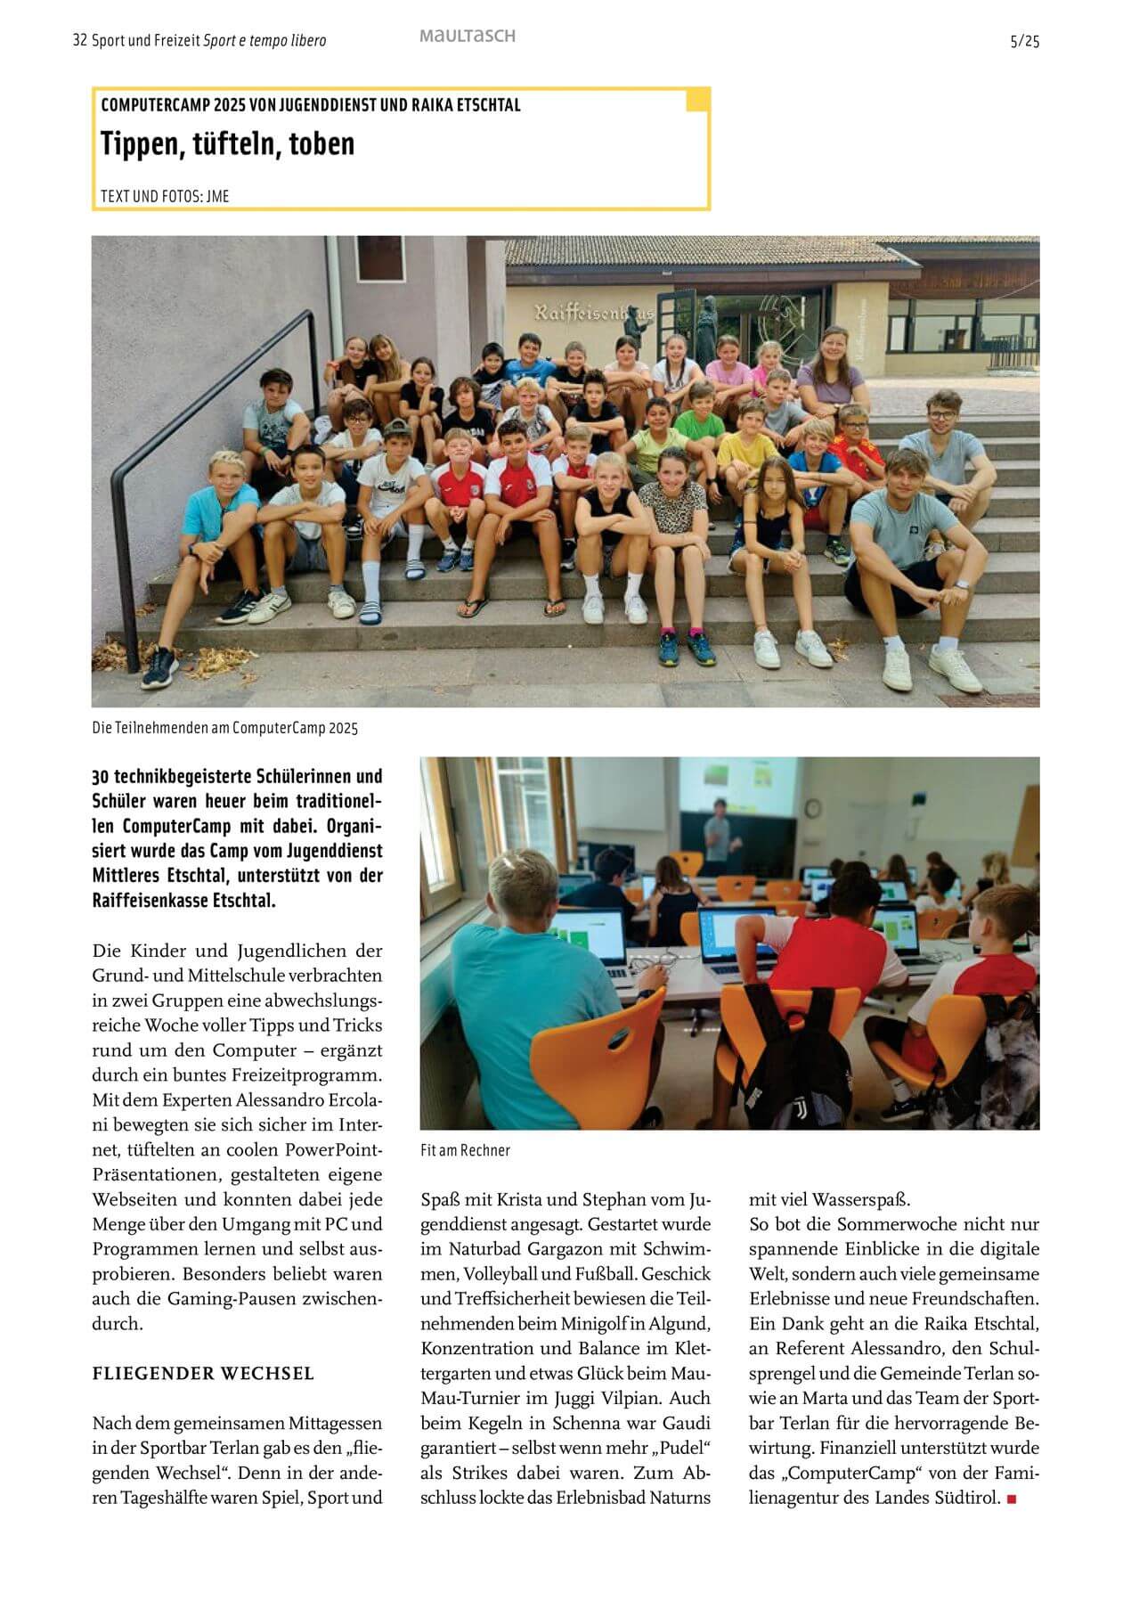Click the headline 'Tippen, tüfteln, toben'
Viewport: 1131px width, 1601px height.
[227, 143]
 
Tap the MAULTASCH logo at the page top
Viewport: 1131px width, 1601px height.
[467, 37]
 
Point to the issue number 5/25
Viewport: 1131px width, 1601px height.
[1024, 41]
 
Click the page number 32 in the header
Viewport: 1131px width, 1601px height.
[79, 41]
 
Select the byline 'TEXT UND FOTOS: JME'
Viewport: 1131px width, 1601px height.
[165, 196]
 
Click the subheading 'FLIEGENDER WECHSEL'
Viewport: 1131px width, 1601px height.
[203, 1374]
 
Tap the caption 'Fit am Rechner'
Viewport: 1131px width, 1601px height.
[465, 1150]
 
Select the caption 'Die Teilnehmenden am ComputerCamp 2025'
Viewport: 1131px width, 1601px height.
[224, 728]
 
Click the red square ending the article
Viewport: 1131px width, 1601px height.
[1011, 1499]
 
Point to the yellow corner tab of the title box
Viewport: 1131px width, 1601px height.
[697, 100]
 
